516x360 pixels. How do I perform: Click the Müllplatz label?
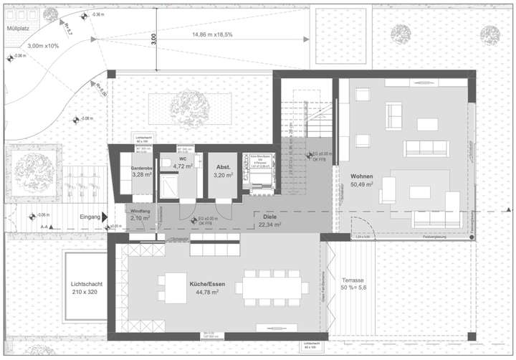coord(17,29)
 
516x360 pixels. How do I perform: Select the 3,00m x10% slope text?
coord(44,46)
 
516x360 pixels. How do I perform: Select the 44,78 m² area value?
coord(204,292)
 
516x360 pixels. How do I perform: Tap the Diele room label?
coord(269,216)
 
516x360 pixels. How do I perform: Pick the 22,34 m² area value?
coord(269,224)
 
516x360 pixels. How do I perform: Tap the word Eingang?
coord(90,216)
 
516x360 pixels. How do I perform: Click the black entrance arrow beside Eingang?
coord(105,216)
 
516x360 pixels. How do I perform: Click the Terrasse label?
coord(353,280)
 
